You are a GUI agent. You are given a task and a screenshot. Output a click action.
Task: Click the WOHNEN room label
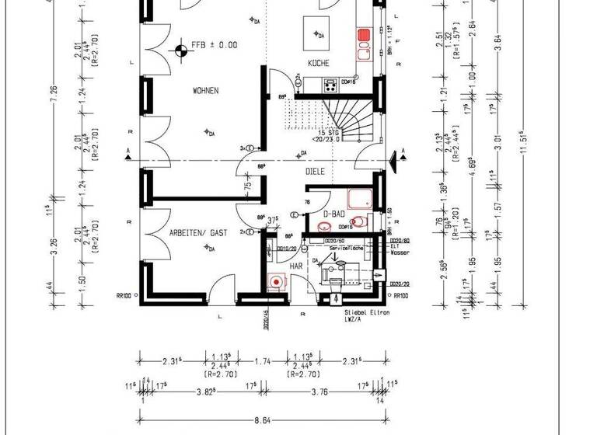coord(205,91)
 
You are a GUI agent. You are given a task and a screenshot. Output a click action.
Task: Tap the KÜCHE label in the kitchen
coord(318,63)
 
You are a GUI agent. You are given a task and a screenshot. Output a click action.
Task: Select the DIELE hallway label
coord(314,172)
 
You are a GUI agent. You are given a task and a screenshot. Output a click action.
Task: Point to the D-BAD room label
coord(333,214)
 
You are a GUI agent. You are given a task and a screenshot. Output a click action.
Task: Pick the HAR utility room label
coord(296,266)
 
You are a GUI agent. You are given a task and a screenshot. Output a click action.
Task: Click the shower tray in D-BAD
coord(360,200)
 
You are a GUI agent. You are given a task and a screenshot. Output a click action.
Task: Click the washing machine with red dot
coord(274,282)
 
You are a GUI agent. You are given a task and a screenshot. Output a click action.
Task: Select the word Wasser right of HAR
coord(400,253)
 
